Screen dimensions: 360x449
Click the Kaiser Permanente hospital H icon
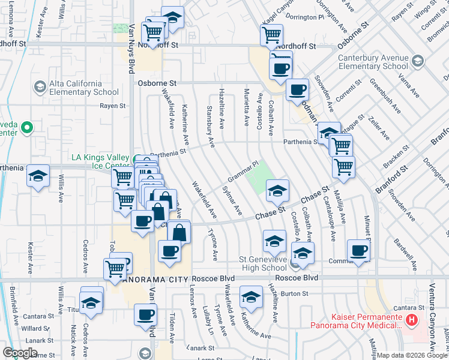click(411, 320)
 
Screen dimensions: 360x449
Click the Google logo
click(20, 353)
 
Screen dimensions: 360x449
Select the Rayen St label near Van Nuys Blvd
click(113, 106)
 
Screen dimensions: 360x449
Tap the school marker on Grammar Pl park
click(277, 191)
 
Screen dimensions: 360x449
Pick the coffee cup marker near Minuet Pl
click(359, 250)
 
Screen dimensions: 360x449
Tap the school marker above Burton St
click(251, 297)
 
